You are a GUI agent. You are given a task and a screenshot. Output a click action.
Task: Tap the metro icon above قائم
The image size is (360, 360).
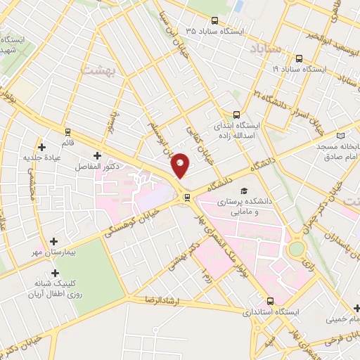[x=68, y=131]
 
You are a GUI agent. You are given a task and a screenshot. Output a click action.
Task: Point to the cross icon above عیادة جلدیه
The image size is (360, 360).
[x=44, y=147]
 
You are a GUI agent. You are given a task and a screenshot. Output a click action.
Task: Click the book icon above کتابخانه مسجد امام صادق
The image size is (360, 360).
[x=342, y=135]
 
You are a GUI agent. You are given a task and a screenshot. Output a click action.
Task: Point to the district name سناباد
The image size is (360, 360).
[x=265, y=50]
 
